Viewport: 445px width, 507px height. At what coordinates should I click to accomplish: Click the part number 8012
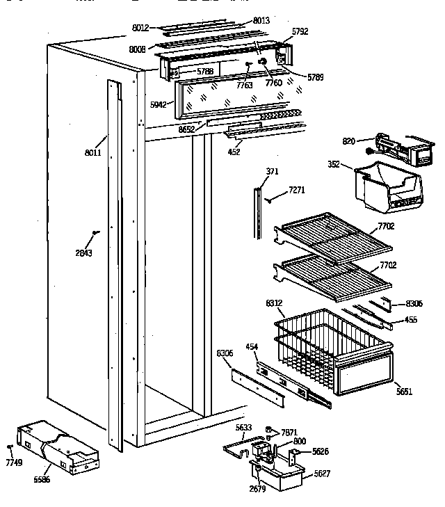tap(141, 28)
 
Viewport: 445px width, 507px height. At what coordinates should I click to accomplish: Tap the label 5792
tap(300, 31)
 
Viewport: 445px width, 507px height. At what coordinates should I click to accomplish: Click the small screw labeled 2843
tap(96, 233)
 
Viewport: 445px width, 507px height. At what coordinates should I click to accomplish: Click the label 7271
tap(297, 189)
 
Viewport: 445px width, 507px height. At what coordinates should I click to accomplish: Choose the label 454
tap(252, 346)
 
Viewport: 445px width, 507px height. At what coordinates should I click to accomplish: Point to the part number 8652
tap(186, 129)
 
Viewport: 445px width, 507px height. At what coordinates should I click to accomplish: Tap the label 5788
tap(204, 71)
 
